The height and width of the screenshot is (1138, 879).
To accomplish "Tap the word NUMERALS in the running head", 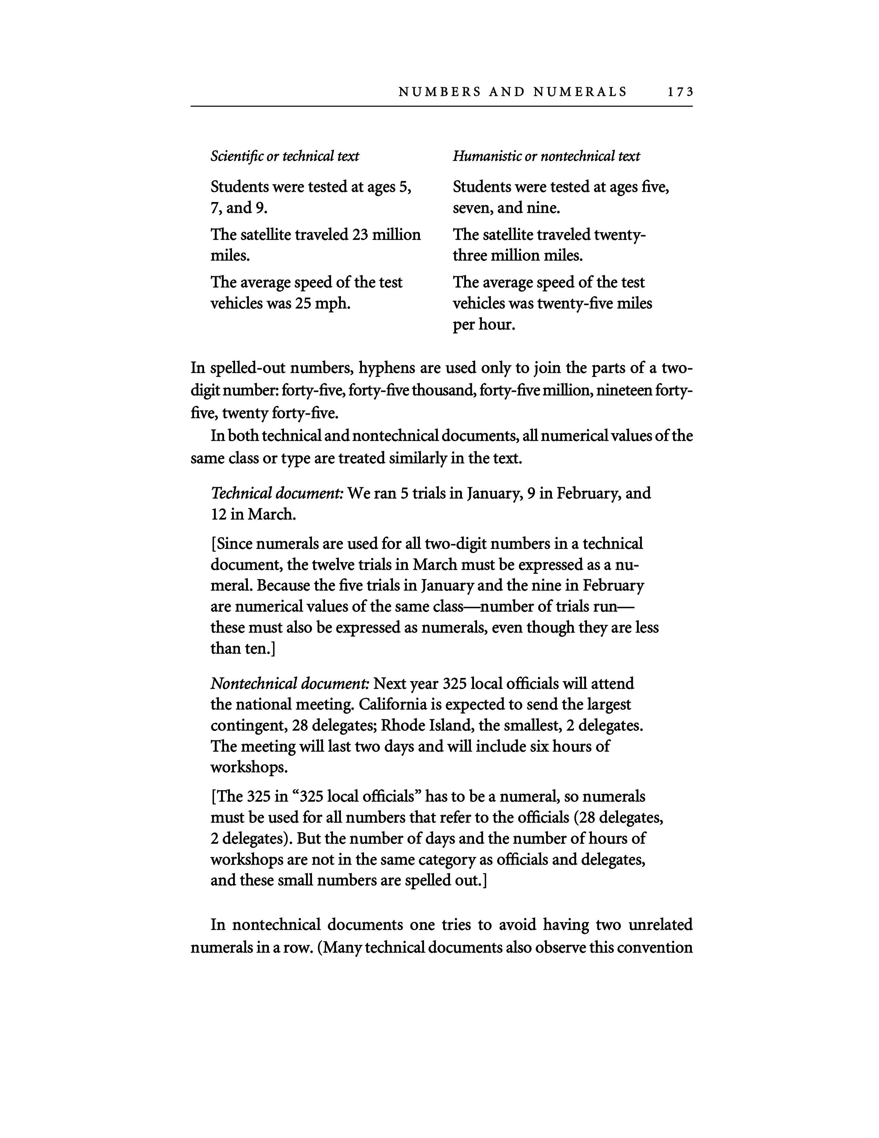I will (580, 92).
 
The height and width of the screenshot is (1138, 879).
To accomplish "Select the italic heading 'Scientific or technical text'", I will (284, 156).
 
